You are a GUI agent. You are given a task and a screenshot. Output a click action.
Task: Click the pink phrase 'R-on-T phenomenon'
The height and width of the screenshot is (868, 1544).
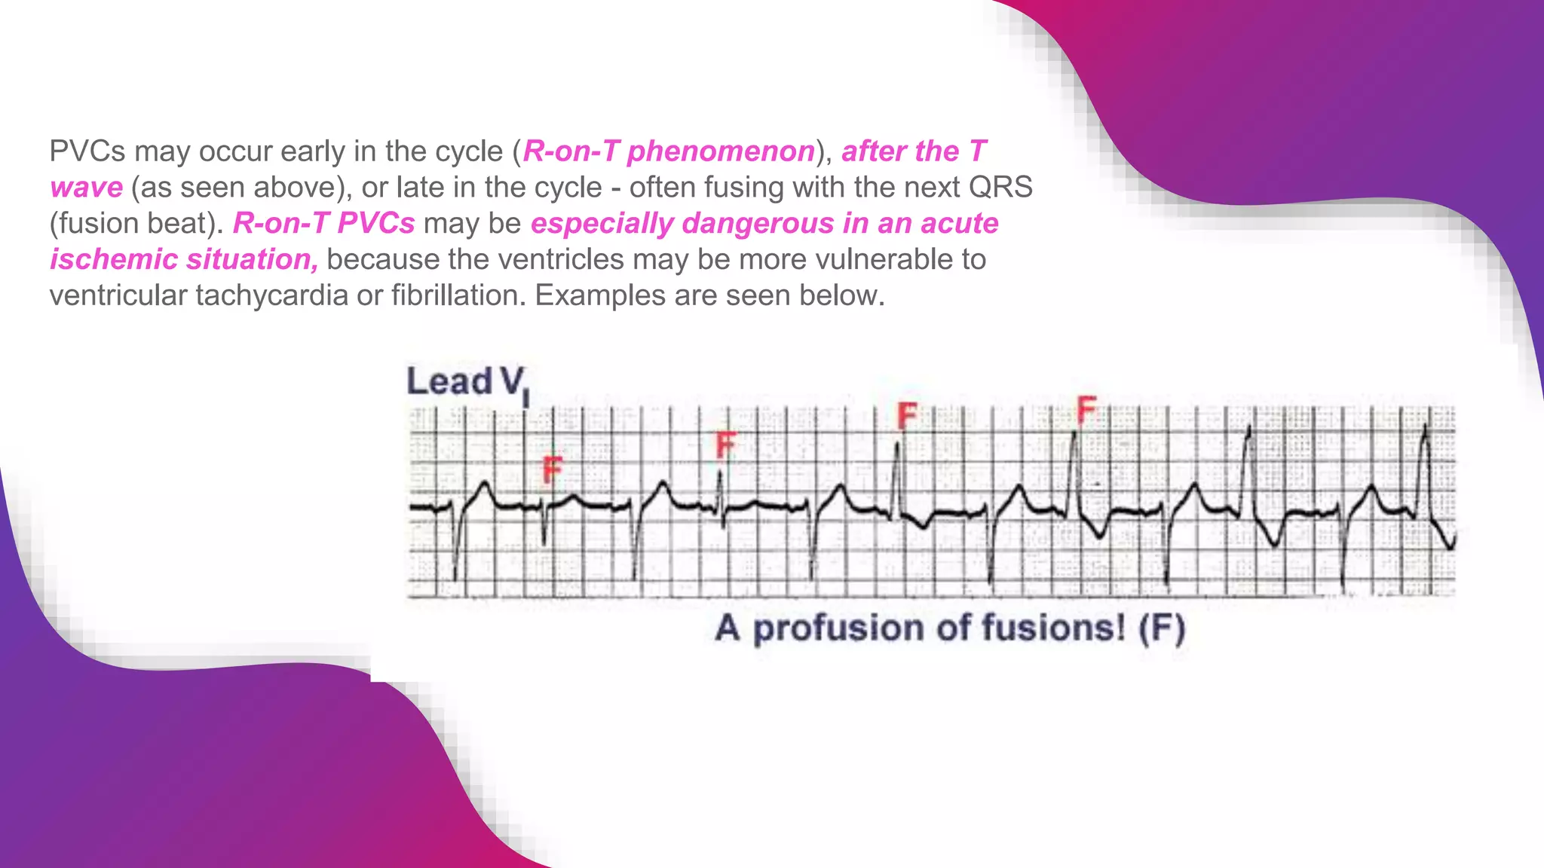pos(669,151)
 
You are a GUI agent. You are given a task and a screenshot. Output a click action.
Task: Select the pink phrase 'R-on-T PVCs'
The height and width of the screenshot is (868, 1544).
pos(323,224)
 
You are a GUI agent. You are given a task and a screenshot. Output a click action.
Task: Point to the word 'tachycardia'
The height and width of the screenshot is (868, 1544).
pos(271,295)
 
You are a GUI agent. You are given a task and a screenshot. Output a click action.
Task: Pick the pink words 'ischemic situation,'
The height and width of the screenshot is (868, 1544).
pos(184,260)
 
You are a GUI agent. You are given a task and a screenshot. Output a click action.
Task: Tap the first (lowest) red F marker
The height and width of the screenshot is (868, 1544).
pos(553,471)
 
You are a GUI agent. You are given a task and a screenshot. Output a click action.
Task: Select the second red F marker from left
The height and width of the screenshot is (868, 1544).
pos(725,445)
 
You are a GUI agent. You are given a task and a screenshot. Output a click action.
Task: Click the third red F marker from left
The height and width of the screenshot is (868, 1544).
pos(907,415)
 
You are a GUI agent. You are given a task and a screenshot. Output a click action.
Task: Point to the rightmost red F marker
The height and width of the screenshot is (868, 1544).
pos(1086,409)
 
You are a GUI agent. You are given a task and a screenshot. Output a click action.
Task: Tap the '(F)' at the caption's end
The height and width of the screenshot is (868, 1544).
pos(1162,628)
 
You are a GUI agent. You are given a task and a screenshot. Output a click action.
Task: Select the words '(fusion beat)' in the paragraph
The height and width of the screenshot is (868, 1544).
pos(136,224)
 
